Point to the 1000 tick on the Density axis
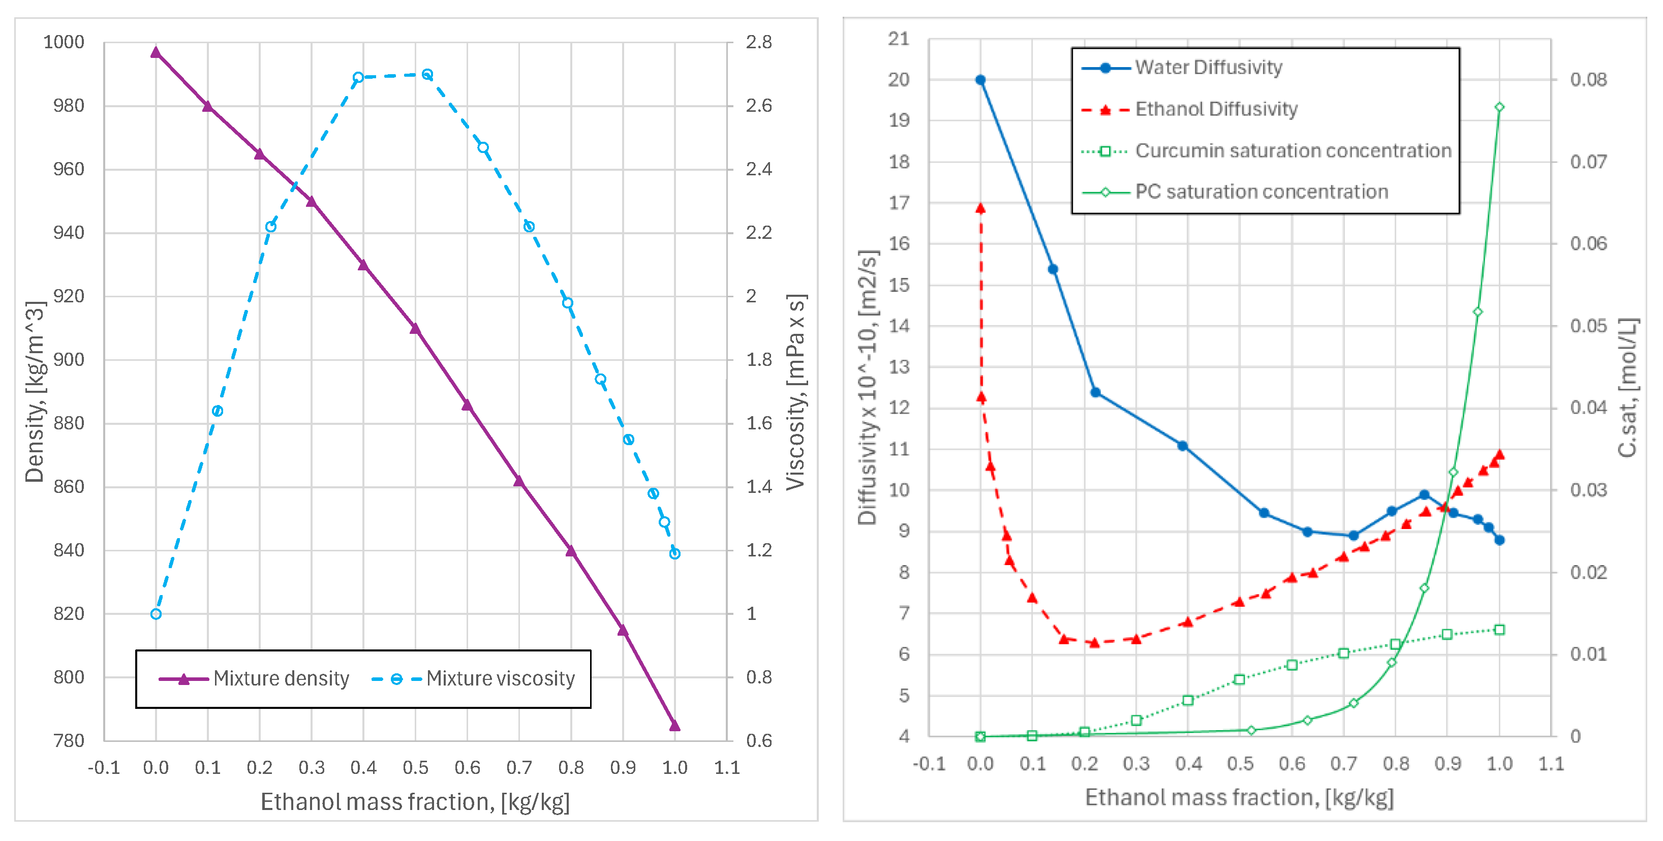[x=64, y=43]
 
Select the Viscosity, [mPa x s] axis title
[x=796, y=391]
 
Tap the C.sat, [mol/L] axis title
[x=1627, y=387]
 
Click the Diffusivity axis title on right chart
[x=868, y=387]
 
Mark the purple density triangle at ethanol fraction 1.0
[x=674, y=726]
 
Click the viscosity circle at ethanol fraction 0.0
[x=156, y=614]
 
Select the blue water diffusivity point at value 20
[x=980, y=80]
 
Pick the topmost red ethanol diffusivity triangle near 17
[x=980, y=208]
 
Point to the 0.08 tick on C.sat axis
[x=1588, y=80]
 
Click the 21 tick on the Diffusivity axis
[x=899, y=39]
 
